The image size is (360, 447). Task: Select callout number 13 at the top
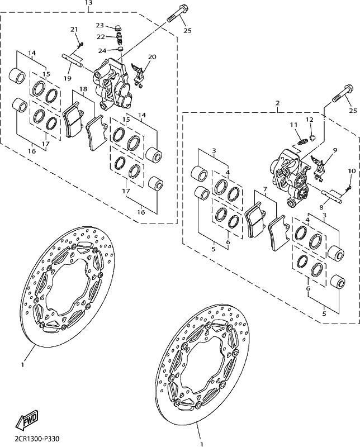89,3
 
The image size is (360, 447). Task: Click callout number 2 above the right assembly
278,103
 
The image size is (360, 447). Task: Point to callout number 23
100,25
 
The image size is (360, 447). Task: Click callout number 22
101,37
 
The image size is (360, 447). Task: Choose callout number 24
102,51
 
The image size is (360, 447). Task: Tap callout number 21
74,30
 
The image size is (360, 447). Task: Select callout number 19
67,78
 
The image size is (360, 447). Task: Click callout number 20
153,57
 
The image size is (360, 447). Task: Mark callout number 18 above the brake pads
83,89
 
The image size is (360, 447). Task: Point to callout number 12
310,120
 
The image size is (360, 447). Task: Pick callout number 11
293,125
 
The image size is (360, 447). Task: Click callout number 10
352,171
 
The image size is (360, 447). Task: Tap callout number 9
335,150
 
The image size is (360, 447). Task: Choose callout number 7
265,189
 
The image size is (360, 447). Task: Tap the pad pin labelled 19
72,60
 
